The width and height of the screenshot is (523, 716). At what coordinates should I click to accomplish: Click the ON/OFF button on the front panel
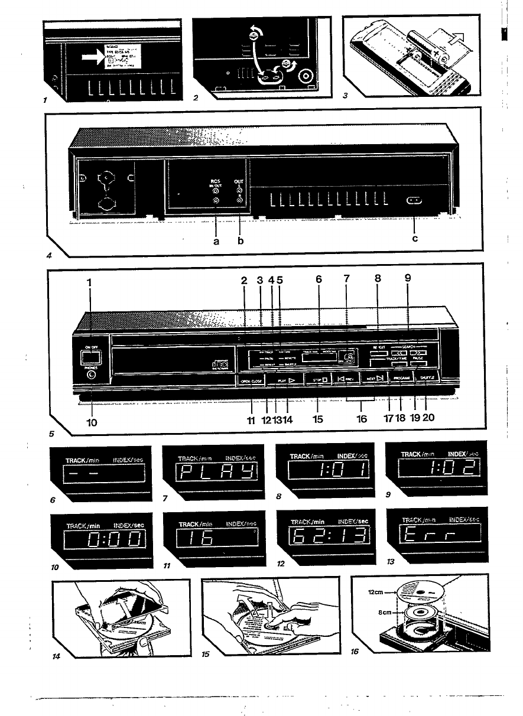pos(90,356)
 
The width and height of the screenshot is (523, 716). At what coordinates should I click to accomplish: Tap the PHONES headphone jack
pos(91,373)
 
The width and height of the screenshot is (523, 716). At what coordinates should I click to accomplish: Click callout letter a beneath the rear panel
pos(217,240)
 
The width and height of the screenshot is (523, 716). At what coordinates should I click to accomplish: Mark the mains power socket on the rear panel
pos(414,201)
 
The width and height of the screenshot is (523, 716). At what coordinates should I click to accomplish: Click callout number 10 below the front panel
pos(93,422)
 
